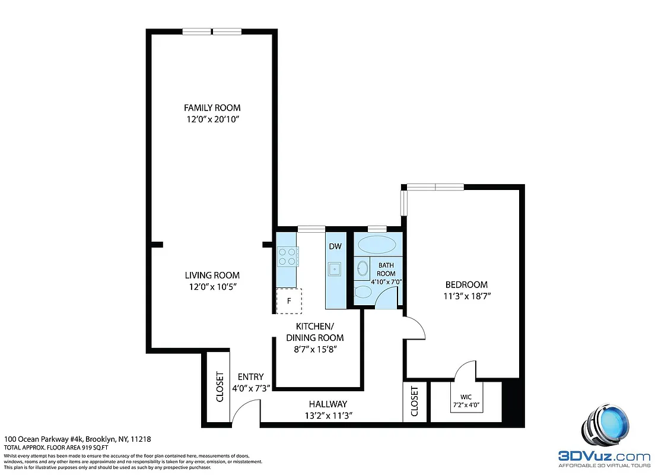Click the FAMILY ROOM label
(x=212, y=107)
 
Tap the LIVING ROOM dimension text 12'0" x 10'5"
(x=212, y=287)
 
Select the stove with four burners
(x=288, y=256)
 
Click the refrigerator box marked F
(x=289, y=301)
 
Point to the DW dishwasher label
(x=335, y=246)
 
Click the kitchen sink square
(x=335, y=269)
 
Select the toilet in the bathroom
(x=361, y=292)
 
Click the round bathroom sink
(x=362, y=270)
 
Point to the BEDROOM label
(x=466, y=284)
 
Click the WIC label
(x=466, y=397)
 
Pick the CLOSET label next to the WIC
(x=414, y=401)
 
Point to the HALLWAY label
(x=327, y=404)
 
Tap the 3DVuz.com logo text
(x=604, y=457)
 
